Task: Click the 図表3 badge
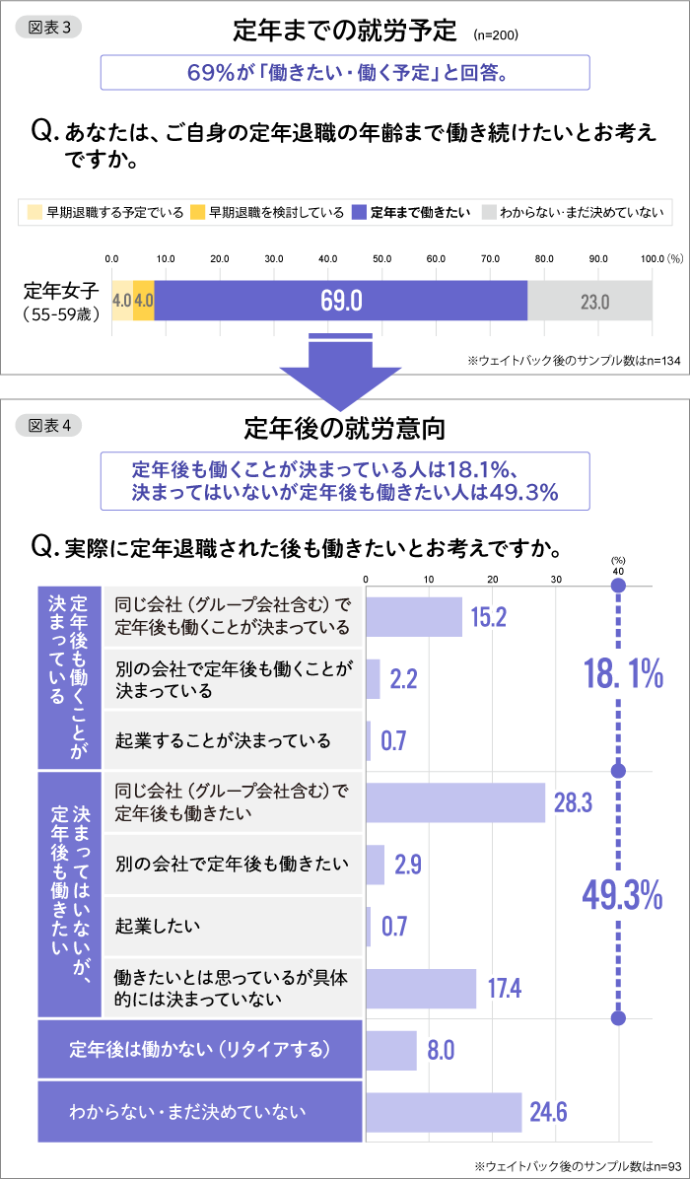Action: pyautogui.click(x=49, y=28)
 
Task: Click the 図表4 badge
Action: pyautogui.click(x=49, y=425)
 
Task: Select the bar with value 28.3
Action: pyautogui.click(x=455, y=802)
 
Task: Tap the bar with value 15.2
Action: pyautogui.click(x=414, y=617)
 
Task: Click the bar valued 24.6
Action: pyautogui.click(x=444, y=1112)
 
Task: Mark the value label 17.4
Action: pyautogui.click(x=505, y=989)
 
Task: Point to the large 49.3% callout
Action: pyautogui.click(x=621, y=895)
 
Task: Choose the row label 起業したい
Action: pyautogui.click(x=158, y=925)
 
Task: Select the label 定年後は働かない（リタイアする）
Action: pyautogui.click(x=200, y=1048)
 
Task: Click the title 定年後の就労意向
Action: pyautogui.click(x=344, y=428)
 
